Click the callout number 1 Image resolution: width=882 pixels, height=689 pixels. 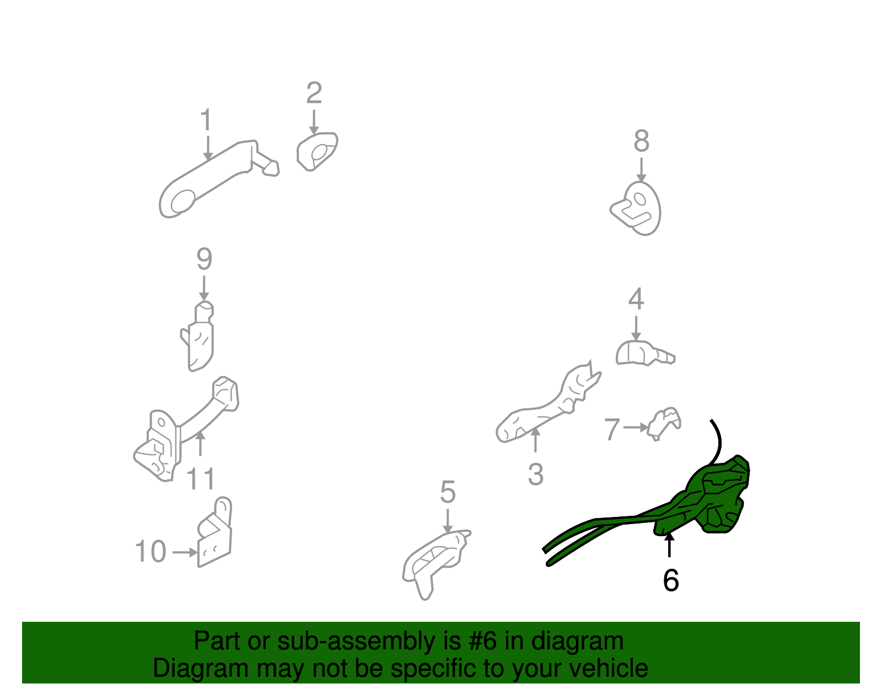click(206, 119)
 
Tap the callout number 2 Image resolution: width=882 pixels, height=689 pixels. click(314, 93)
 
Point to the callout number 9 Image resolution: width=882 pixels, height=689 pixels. click(204, 259)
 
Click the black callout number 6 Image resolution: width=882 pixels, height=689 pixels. click(670, 580)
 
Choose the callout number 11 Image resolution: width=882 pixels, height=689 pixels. click(201, 479)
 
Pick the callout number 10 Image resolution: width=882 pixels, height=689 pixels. click(150, 551)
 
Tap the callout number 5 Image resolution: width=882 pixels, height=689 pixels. click(448, 492)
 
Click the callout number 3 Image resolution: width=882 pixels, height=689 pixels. click(535, 474)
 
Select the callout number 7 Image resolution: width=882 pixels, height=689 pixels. click(612, 429)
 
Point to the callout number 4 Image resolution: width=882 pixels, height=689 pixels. click(636, 299)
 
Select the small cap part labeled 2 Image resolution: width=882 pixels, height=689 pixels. click(317, 152)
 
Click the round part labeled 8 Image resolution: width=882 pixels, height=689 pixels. click(637, 209)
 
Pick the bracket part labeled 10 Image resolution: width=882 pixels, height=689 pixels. click(215, 532)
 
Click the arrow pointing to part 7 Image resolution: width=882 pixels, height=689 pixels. click(636, 428)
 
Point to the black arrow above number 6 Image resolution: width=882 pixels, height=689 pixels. click(669, 545)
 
